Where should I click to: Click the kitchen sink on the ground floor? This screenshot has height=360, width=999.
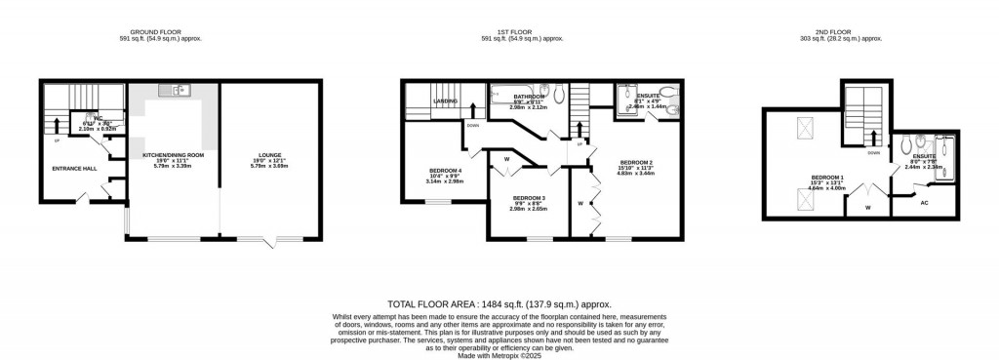(179, 91)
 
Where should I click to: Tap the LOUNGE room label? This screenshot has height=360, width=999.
(269, 156)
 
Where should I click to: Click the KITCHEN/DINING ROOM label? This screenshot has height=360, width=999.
(173, 156)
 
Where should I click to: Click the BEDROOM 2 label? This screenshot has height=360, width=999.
(635, 161)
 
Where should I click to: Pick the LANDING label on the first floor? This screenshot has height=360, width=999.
(446, 100)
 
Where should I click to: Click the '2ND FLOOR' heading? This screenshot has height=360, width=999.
(840, 32)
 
